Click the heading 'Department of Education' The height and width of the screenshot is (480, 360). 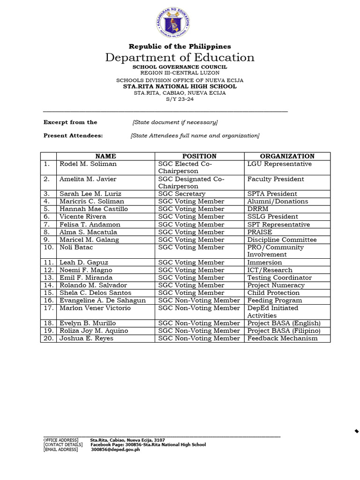click(180, 57)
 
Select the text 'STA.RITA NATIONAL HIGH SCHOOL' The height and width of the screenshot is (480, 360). click(180, 86)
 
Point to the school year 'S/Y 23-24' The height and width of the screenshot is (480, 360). click(180, 99)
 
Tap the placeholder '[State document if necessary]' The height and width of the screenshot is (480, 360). click(175, 122)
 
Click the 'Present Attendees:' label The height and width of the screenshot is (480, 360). click(73, 136)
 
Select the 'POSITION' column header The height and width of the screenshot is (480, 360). click(199, 156)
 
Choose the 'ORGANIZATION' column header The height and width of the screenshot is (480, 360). click(287, 156)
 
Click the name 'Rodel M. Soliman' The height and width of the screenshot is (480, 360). click(88, 164)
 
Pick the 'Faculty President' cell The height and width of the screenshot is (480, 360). click(276, 179)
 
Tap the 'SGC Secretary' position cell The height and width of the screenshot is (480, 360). click(182, 194)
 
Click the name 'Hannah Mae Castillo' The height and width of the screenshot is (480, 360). click(94, 209)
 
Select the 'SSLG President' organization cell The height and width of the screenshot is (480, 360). click(273, 217)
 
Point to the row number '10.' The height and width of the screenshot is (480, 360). click(48, 247)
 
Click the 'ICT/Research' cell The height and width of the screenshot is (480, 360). click(270, 270)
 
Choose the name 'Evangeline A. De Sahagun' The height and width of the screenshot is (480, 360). click(103, 300)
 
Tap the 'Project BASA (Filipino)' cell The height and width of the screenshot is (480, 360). click(284, 330)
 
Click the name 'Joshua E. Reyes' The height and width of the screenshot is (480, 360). click(86, 338)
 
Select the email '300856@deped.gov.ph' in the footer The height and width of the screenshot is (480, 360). click(115, 450)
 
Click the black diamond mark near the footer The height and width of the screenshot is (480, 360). click(357, 431)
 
